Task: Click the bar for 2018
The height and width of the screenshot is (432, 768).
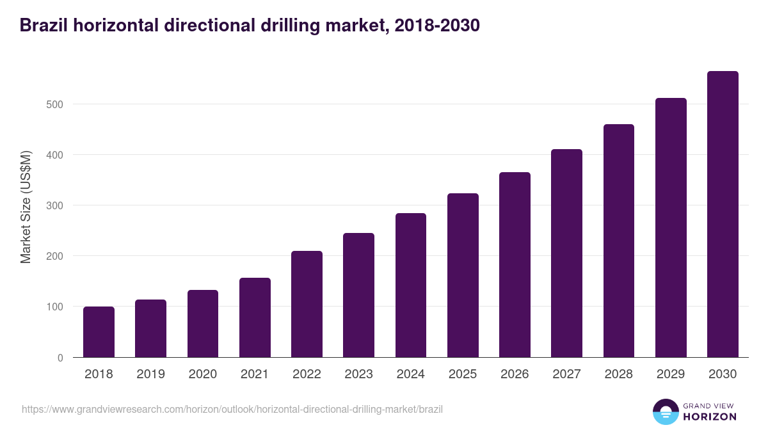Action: tap(99, 332)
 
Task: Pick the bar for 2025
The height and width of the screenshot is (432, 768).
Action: tap(463, 275)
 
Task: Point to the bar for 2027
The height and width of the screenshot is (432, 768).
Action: tap(566, 253)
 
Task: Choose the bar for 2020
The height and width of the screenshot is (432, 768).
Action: tap(203, 324)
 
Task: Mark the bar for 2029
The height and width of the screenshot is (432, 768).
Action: tap(671, 228)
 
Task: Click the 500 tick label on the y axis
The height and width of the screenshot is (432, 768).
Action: tap(55, 104)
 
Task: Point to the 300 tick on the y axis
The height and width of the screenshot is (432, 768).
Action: tap(55, 205)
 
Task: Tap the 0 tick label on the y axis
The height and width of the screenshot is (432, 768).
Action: tap(60, 358)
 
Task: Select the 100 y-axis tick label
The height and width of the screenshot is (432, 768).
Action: tap(55, 307)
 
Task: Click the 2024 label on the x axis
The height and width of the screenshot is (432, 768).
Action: tap(410, 374)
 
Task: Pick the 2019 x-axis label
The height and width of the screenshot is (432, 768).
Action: tap(150, 374)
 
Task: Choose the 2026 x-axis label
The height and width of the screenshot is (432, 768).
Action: tap(515, 374)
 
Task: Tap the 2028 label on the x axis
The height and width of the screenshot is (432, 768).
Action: tap(618, 374)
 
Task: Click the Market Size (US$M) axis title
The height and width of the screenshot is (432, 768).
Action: tap(26, 207)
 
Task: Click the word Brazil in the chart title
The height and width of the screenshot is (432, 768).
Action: tap(44, 26)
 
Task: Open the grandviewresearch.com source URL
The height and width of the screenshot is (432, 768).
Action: tap(232, 409)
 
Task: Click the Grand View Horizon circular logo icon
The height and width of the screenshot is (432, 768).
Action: tap(665, 412)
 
